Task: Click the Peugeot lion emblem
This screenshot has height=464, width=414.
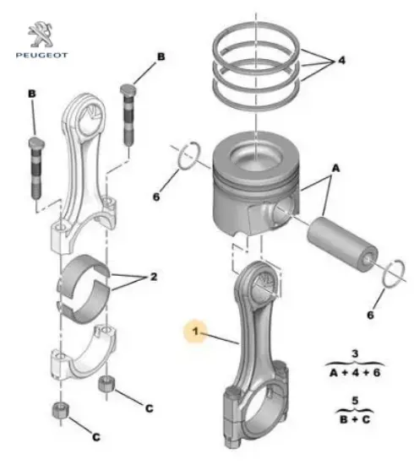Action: (x=41, y=34)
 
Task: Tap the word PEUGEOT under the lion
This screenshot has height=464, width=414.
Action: (x=41, y=55)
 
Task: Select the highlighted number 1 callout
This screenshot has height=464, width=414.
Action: (x=195, y=331)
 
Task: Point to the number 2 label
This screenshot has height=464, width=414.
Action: (x=154, y=277)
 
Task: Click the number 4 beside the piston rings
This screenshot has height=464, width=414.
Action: (x=341, y=61)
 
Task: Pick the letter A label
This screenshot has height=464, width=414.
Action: (x=335, y=169)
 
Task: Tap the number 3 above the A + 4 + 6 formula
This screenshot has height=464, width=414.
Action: (x=355, y=353)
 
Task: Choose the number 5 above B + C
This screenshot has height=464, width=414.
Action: (x=355, y=401)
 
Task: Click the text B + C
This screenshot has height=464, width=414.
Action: (x=355, y=419)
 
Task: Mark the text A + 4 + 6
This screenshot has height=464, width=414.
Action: (x=355, y=372)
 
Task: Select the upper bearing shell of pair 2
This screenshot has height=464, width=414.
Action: (x=84, y=270)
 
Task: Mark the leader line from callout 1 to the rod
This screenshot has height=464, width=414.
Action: (x=220, y=338)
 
